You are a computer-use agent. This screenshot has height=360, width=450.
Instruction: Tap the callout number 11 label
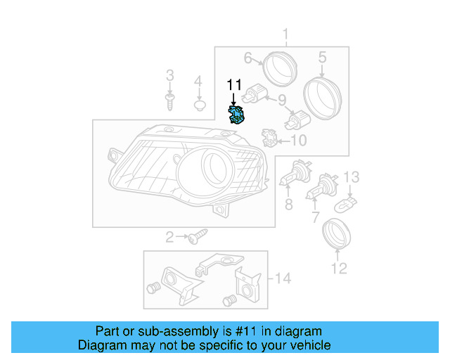point(233,85)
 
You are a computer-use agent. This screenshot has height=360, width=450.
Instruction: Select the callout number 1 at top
point(286,34)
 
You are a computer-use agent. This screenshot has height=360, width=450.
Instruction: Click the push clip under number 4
point(199,107)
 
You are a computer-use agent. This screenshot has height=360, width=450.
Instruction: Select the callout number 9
point(281,99)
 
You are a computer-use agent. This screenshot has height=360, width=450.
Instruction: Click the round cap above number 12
point(335,233)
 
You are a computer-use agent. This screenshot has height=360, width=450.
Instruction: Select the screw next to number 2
point(196,237)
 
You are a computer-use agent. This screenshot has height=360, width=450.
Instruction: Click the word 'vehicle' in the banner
point(310,346)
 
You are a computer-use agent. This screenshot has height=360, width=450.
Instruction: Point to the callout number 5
point(322,57)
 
